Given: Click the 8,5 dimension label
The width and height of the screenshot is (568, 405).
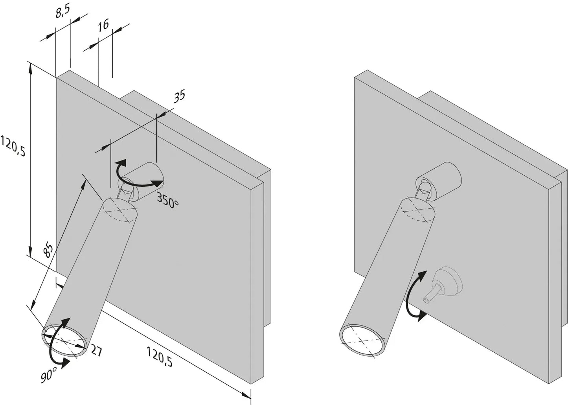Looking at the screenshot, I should tap(62, 13).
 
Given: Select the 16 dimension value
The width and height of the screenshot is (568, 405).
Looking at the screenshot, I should tap(103, 26).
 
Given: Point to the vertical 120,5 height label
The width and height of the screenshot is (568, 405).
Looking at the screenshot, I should tap(13, 146).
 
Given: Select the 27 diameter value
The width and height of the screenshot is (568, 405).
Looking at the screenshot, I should tap(96, 350).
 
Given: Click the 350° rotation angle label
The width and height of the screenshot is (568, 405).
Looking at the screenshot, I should tap(168, 199).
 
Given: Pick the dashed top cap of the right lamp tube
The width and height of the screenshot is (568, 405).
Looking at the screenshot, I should tap(418, 210).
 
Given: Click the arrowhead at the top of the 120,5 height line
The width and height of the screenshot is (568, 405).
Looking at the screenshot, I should tap(30, 67).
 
